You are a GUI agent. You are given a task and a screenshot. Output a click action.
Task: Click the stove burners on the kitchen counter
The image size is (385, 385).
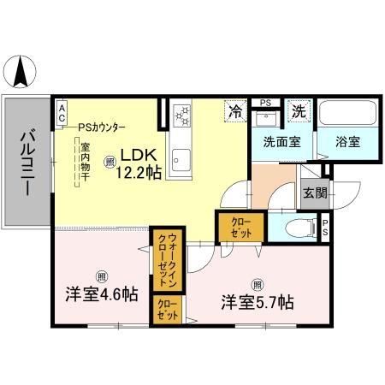pyautogui.click(x=182, y=115)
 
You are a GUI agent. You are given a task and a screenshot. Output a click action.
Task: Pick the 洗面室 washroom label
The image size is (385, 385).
pyautogui.click(x=281, y=142)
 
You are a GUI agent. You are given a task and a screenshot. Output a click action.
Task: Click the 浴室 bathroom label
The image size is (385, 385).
pyautogui.click(x=346, y=142)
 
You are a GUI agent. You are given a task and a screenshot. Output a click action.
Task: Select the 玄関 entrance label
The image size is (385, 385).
pyautogui.click(x=314, y=192)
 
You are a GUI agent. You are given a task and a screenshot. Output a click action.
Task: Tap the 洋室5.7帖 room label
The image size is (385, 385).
pyautogui.click(x=258, y=301)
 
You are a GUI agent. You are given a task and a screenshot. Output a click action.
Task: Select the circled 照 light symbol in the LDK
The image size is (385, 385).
pyautogui.click(x=110, y=161)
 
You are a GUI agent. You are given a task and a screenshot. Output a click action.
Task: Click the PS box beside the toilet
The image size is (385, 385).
pyautogui.click(x=326, y=228)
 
